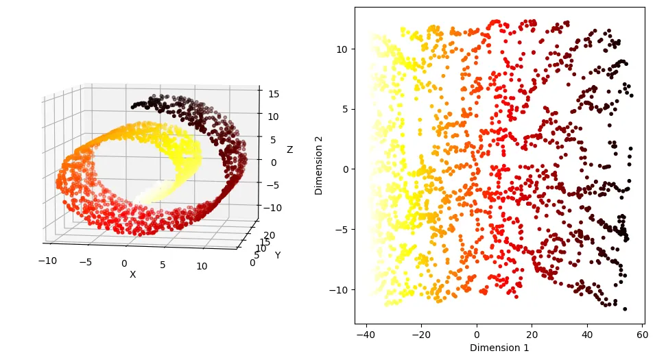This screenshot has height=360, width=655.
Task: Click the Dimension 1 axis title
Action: [x=499, y=348]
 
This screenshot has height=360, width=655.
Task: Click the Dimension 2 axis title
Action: [x=320, y=165]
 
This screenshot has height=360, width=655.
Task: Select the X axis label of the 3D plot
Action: [x=132, y=274]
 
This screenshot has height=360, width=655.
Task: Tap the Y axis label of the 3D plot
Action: [x=278, y=255]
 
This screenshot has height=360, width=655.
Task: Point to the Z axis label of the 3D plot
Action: [x=289, y=149]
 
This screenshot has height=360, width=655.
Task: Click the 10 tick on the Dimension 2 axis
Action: [x=341, y=49]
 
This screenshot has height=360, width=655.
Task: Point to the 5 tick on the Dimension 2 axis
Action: [x=344, y=109]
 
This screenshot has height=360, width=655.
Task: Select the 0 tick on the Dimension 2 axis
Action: [x=344, y=169]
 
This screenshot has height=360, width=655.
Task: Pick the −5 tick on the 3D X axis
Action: [x=85, y=261]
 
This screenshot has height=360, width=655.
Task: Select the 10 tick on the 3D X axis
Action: [x=202, y=265]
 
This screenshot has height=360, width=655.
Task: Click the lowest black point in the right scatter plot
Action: [x=625, y=309]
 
